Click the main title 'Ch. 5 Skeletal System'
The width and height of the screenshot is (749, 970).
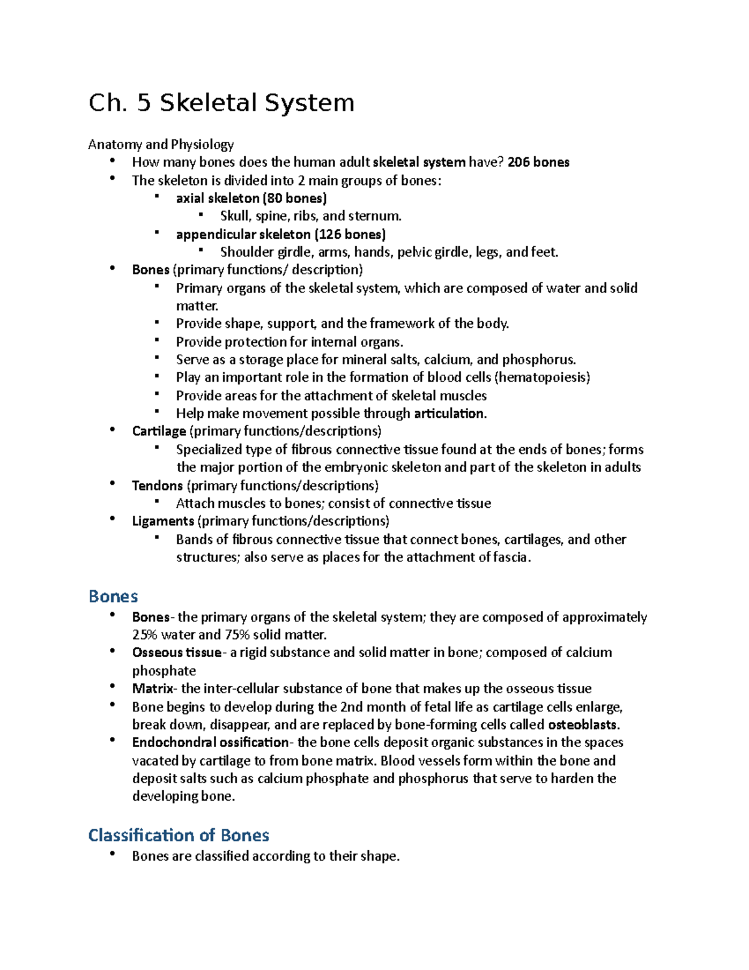tap(222, 103)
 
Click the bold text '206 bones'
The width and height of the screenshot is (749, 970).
tap(538, 162)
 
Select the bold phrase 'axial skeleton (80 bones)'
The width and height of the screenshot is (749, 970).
tap(251, 199)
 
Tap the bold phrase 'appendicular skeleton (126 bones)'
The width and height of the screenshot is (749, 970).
tap(281, 234)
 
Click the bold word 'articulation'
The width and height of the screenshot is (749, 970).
tap(449, 413)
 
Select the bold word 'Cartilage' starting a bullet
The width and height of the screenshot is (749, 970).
tap(159, 432)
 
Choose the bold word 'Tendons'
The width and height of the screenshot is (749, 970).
tap(157, 486)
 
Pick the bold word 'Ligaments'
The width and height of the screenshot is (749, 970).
tap(163, 521)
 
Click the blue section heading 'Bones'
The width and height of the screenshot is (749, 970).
tap(113, 596)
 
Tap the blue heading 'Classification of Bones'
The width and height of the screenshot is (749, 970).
tap(179, 835)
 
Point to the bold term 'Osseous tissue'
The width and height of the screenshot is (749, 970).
tap(176, 653)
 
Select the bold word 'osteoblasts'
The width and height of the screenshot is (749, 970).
tap(582, 725)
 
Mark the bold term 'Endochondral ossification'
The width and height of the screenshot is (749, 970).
tap(210, 743)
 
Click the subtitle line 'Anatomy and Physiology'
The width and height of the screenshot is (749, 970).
tap(161, 145)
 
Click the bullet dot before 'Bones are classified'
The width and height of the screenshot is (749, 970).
tap(112, 854)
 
